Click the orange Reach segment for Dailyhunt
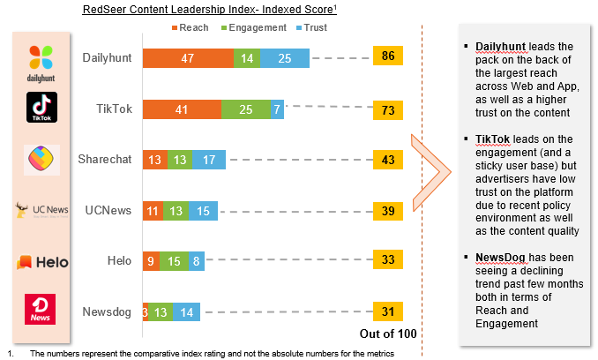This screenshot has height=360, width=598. pos(188,58)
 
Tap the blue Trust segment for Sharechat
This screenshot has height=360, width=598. pos(208,160)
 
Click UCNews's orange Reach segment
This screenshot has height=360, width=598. pos(153,210)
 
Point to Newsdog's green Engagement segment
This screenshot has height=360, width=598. pos(161,311)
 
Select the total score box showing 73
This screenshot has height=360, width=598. pos(388,109)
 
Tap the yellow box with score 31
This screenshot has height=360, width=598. pos(388,311)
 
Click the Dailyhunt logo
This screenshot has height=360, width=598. pos(41,62)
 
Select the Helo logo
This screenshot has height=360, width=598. pos(41,262)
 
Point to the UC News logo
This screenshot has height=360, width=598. pos(41,210)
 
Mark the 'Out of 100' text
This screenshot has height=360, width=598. pos(388,334)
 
